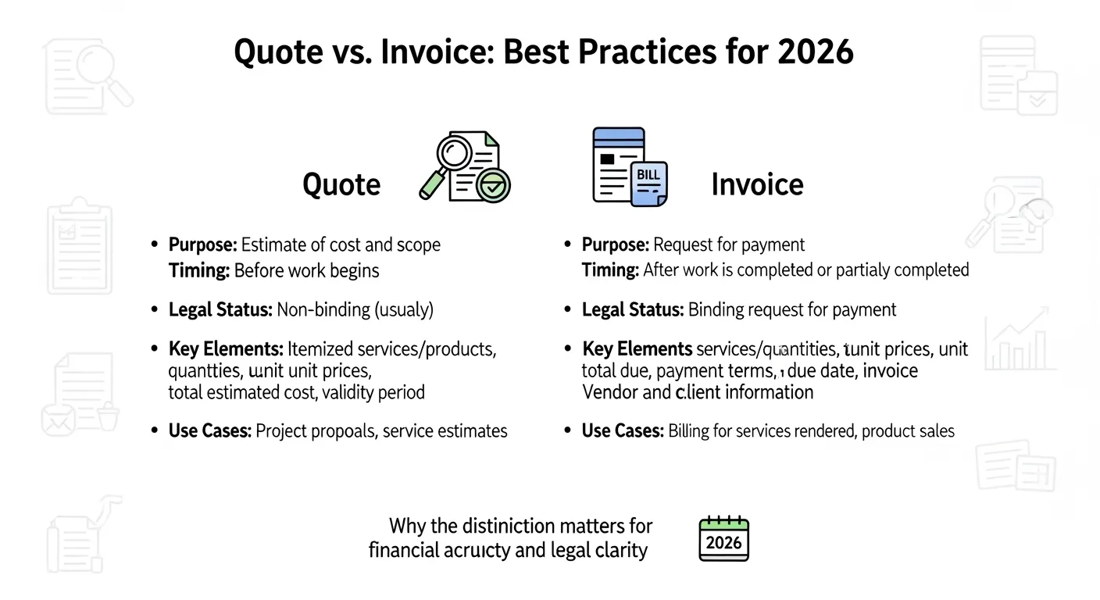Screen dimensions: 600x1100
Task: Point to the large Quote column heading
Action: (341, 185)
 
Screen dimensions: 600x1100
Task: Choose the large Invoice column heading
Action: (757, 184)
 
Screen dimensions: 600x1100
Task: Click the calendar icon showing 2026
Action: (723, 538)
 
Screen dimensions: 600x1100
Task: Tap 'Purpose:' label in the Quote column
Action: (202, 245)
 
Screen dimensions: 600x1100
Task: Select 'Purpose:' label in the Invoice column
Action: (615, 245)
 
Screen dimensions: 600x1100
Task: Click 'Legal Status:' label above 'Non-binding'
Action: (220, 310)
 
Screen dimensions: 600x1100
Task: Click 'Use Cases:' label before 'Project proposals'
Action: (209, 430)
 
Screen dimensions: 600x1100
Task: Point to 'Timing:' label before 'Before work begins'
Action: (198, 271)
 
